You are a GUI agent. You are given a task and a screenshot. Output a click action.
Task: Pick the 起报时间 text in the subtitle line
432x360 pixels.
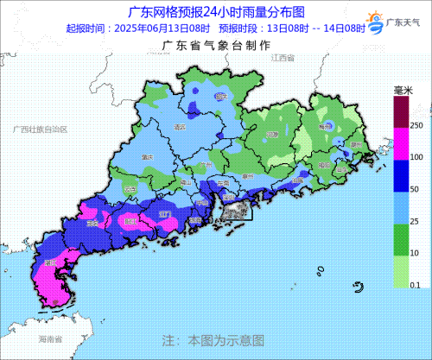tap(86, 28)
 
